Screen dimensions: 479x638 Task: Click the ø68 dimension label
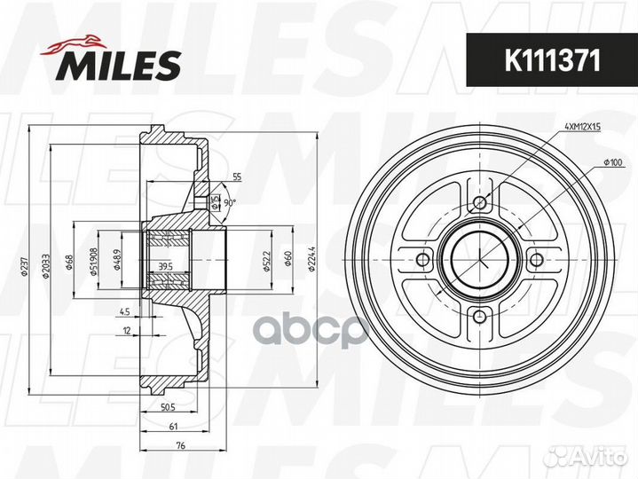tap(71, 263)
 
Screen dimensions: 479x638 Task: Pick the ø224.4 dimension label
tap(311, 259)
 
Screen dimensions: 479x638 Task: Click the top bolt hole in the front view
tap(480, 204)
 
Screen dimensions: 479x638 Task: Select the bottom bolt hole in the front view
tap(480, 317)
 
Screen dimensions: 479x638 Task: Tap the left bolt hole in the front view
tap(424, 259)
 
